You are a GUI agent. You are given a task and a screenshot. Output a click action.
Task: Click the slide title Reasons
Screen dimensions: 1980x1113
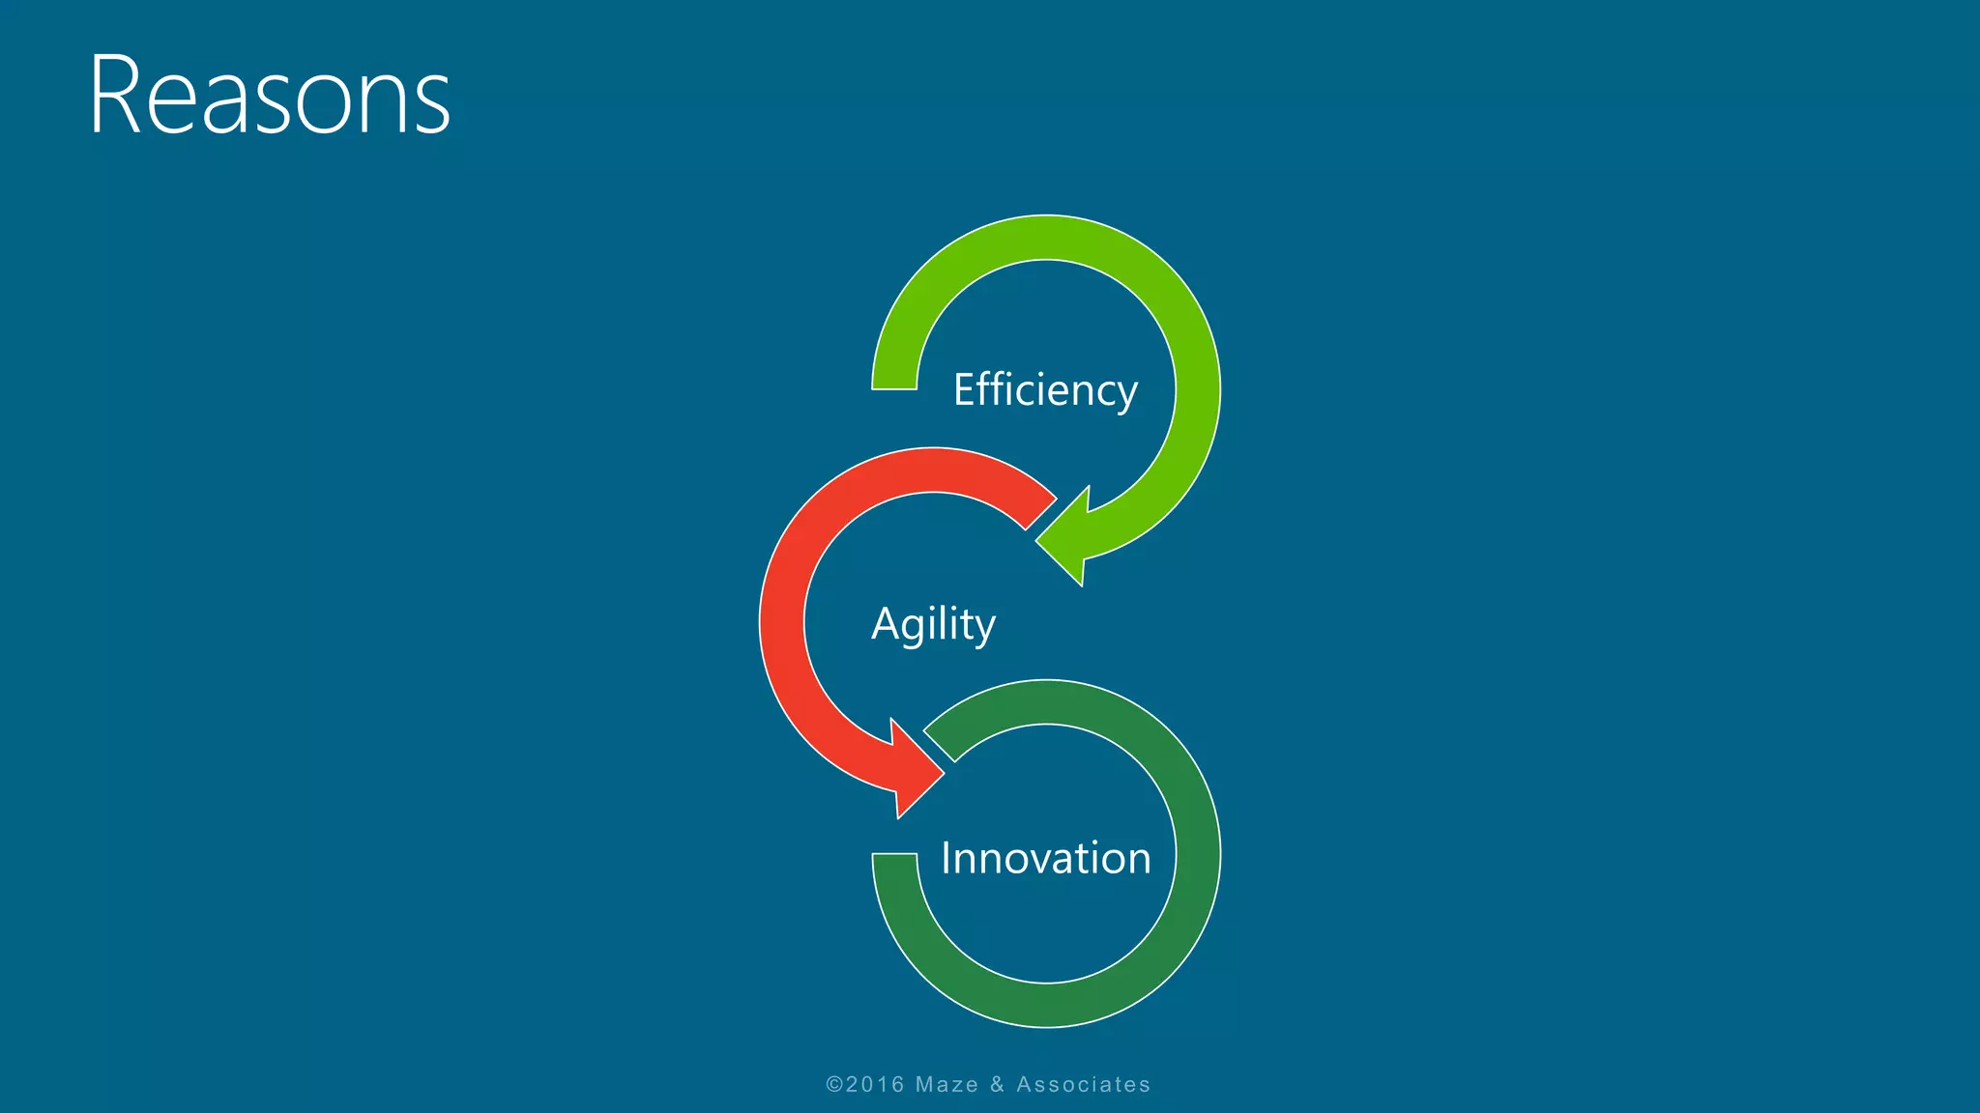(269, 97)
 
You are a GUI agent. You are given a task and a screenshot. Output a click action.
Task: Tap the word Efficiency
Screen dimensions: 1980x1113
(1045, 390)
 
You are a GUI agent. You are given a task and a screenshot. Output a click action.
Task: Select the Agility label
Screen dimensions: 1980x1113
(933, 624)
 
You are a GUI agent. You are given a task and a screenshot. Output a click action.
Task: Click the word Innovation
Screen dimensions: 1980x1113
(1045, 858)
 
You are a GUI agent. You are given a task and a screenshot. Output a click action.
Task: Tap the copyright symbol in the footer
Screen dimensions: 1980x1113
(834, 1085)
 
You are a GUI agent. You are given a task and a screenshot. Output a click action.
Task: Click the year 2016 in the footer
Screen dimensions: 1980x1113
(876, 1085)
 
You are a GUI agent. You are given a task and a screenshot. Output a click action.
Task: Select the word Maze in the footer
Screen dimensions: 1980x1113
(946, 1085)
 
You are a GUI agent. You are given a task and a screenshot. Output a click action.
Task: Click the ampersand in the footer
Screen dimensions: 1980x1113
(997, 1085)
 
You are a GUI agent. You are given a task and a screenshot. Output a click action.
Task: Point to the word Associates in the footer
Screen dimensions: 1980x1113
(1083, 1085)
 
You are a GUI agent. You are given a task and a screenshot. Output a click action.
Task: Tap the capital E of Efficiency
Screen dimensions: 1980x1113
(964, 389)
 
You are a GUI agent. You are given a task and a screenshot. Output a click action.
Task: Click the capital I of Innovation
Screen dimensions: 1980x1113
(946, 858)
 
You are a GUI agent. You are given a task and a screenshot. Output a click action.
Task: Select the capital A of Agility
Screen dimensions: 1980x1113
(887, 623)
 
